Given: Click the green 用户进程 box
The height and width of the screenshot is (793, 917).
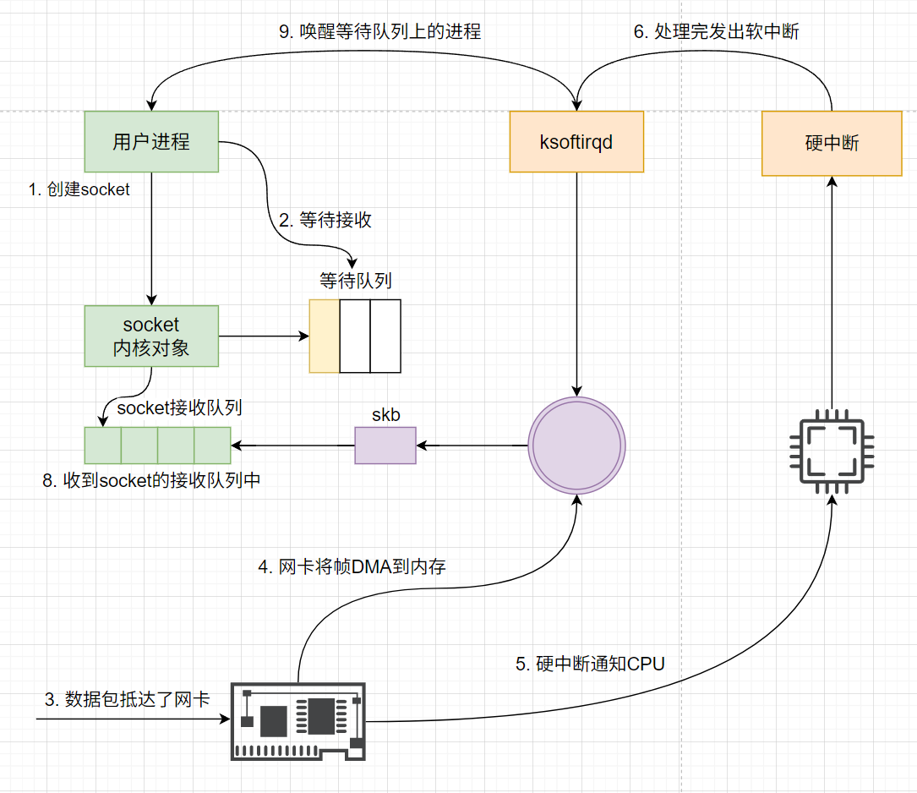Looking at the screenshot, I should click(x=151, y=142).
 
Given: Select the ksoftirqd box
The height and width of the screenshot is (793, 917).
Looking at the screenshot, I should click(x=576, y=142).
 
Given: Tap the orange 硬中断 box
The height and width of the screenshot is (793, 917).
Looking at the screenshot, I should click(x=832, y=144).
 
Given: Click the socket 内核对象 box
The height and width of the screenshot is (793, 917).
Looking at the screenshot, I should click(x=151, y=336).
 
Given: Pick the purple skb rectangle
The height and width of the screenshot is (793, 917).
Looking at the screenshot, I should click(x=385, y=445).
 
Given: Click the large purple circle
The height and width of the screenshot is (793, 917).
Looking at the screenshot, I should click(x=576, y=446).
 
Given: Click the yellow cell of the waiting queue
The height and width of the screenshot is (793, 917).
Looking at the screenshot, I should click(x=325, y=336).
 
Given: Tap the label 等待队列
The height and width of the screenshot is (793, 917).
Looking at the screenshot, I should click(x=355, y=281).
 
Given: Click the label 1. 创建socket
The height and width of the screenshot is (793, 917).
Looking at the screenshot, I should click(x=79, y=190).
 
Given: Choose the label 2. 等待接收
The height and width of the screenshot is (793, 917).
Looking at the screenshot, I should click(x=325, y=221).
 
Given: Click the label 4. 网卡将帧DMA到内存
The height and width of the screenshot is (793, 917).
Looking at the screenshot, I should click(x=352, y=567).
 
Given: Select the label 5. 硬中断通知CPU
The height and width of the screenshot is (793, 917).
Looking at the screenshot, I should click(x=590, y=664).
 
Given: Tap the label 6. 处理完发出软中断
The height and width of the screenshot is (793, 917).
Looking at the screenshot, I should click(x=717, y=32).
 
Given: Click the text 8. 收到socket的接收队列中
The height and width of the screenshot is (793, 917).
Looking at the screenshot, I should click(x=151, y=480).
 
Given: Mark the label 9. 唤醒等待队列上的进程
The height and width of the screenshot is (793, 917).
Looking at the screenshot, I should click(x=379, y=32).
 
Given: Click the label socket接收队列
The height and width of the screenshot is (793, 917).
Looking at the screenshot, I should click(x=180, y=408).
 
